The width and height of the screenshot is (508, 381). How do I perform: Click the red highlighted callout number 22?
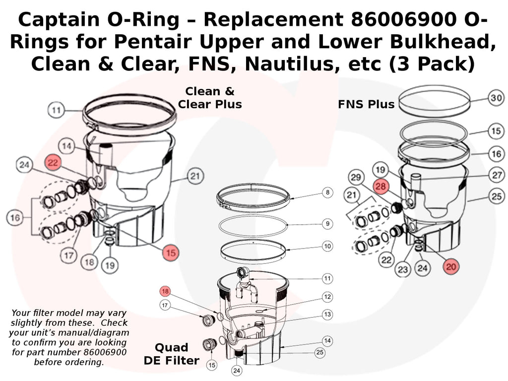click(54, 162)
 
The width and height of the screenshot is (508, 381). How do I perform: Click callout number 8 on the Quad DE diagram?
click(327, 192)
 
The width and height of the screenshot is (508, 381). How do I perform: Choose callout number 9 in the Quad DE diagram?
click(327, 224)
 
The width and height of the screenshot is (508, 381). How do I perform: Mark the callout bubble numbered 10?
click(327, 246)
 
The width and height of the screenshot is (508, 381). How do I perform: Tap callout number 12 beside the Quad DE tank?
click(327, 297)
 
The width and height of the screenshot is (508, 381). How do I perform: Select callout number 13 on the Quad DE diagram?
click(327, 314)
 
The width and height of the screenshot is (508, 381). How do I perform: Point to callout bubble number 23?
click(402, 269)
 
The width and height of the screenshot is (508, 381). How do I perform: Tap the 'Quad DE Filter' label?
click(172, 354)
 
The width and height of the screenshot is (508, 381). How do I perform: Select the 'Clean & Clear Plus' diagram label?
click(210, 98)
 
